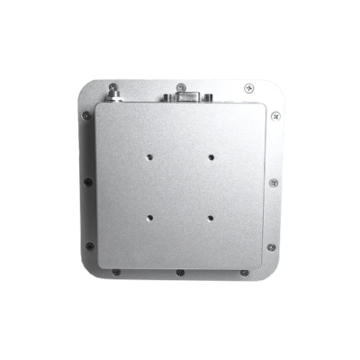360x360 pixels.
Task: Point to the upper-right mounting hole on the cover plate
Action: (x=211, y=156)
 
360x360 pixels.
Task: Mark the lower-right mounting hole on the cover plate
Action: (x=210, y=217)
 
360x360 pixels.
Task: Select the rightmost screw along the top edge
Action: (x=249, y=87)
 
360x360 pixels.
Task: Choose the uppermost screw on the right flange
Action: (x=275, y=116)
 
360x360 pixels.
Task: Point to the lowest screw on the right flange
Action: (x=273, y=247)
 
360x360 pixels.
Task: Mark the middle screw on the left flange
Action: (x=86, y=182)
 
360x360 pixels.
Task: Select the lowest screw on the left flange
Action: (x=88, y=247)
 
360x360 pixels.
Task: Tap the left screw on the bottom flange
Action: (x=115, y=272)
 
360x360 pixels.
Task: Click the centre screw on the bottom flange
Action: (x=180, y=273)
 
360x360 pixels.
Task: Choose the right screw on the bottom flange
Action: (x=245, y=272)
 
